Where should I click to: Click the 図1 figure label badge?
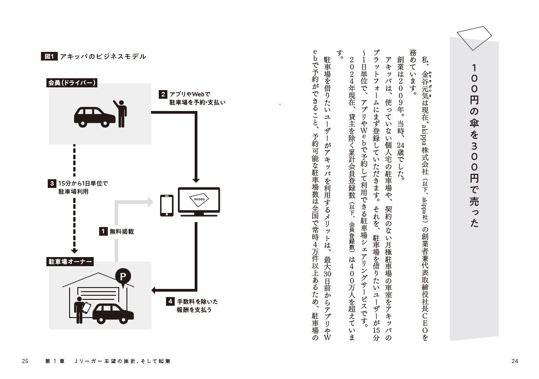pyautogui.click(x=49, y=56)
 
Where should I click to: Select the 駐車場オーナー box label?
pyautogui.click(x=70, y=262)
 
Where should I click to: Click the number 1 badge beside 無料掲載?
pyautogui.click(x=103, y=231)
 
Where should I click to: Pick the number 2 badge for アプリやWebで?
pyautogui.click(x=162, y=95)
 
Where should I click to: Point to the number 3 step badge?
pyautogui.click(x=52, y=184)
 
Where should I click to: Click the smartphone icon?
pyautogui.click(x=166, y=205)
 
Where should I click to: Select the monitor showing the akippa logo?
pyautogui.click(x=199, y=201)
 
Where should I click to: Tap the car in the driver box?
pyautogui.click(x=94, y=117)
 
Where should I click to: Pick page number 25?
pyautogui.click(x=25, y=361)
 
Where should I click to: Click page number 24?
pyautogui.click(x=515, y=361)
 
